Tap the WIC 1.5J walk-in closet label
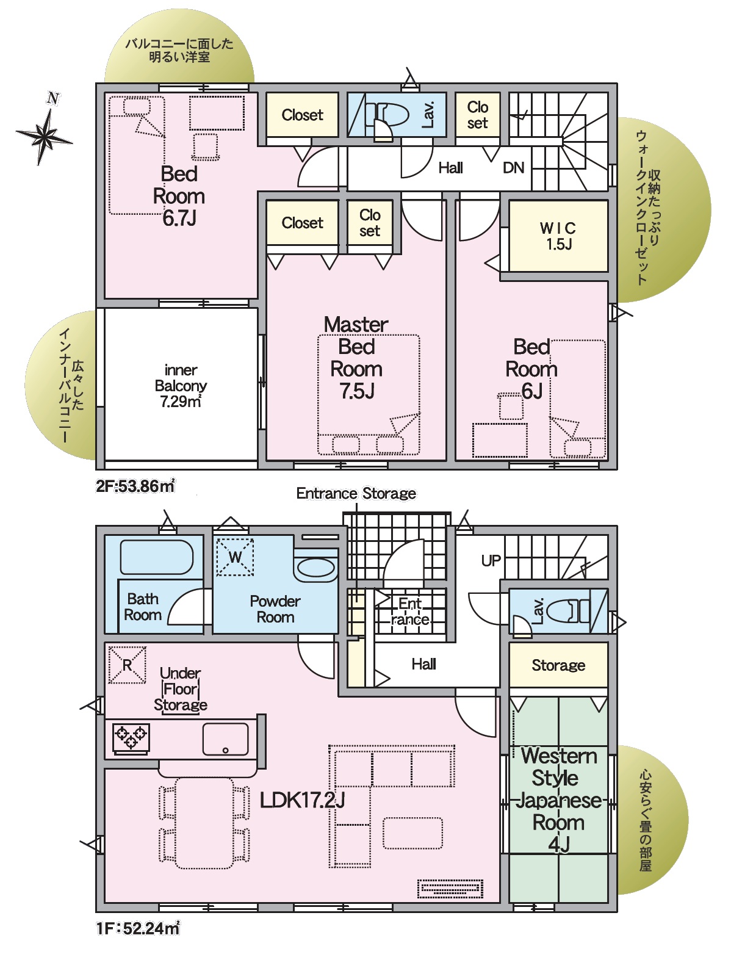558,236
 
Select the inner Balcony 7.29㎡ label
181,386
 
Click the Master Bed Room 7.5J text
356,358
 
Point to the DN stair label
513,168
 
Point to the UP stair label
491,561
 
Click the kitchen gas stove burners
131,739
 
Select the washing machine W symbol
235,557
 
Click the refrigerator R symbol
127,665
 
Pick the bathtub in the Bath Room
156,557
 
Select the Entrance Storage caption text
356,493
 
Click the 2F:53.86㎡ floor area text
135,486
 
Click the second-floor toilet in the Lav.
386,115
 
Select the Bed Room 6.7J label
179,196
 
